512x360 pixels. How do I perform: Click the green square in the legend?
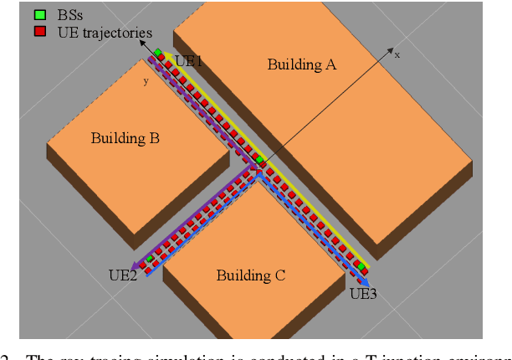tap(39, 15)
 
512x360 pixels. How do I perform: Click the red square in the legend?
tap(39, 32)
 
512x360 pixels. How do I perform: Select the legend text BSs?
tap(64, 15)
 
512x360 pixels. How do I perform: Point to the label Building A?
tap(301, 64)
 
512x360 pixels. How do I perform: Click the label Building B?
tap(125, 138)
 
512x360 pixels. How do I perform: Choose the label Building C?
tap(251, 275)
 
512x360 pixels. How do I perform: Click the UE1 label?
tap(188, 61)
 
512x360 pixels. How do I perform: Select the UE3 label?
tap(363, 293)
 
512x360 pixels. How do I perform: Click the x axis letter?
tap(397, 54)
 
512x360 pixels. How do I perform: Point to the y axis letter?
tap(146, 81)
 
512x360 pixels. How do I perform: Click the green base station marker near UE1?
tap(157, 54)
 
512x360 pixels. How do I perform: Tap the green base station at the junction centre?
tap(260, 159)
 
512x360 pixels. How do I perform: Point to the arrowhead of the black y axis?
tap(142, 63)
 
